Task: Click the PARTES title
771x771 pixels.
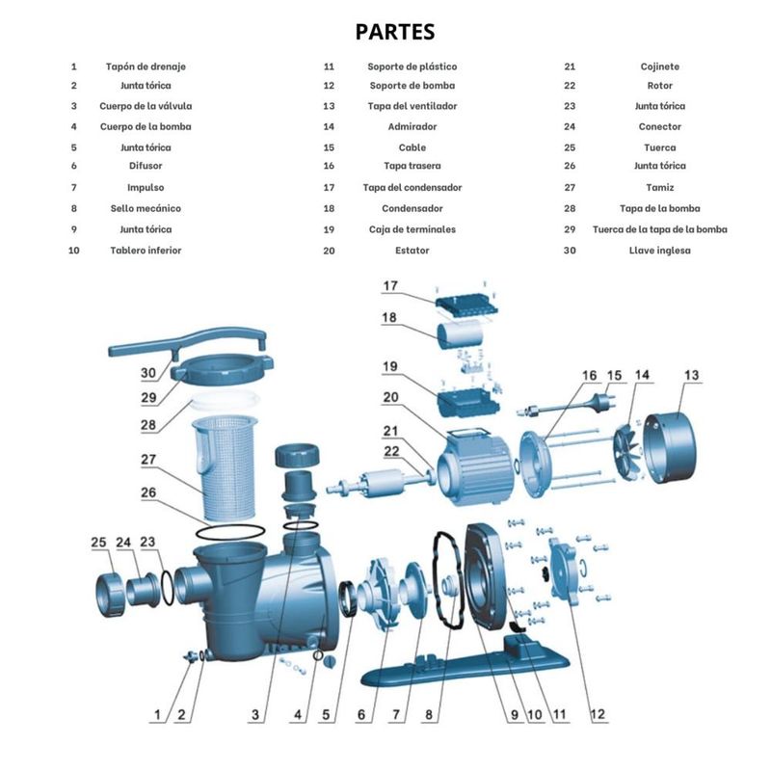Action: (x=395, y=32)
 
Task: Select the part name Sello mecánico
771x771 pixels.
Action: (x=146, y=208)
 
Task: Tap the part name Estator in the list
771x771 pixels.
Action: (x=412, y=251)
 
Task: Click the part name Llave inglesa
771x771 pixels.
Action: (x=659, y=251)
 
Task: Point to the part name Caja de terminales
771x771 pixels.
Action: (x=412, y=229)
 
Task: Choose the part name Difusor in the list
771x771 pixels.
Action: (x=146, y=166)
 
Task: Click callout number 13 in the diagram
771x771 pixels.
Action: (x=691, y=375)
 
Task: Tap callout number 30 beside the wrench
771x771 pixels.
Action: (x=148, y=373)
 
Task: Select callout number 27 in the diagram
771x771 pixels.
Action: (x=148, y=460)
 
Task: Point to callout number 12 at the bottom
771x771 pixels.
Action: (x=598, y=714)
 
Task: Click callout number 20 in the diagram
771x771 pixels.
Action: (x=390, y=397)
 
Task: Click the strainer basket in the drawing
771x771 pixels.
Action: (x=224, y=467)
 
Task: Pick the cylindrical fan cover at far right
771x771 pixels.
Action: (x=671, y=448)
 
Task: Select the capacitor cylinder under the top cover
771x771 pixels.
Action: (x=460, y=333)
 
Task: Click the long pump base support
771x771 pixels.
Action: (x=465, y=660)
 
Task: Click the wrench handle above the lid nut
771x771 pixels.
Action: (x=187, y=342)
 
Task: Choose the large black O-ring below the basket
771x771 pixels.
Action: (x=230, y=533)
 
